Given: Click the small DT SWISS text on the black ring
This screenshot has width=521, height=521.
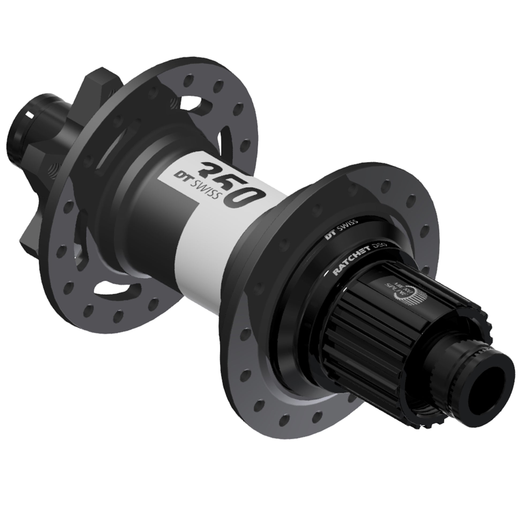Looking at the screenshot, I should [x=341, y=228].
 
